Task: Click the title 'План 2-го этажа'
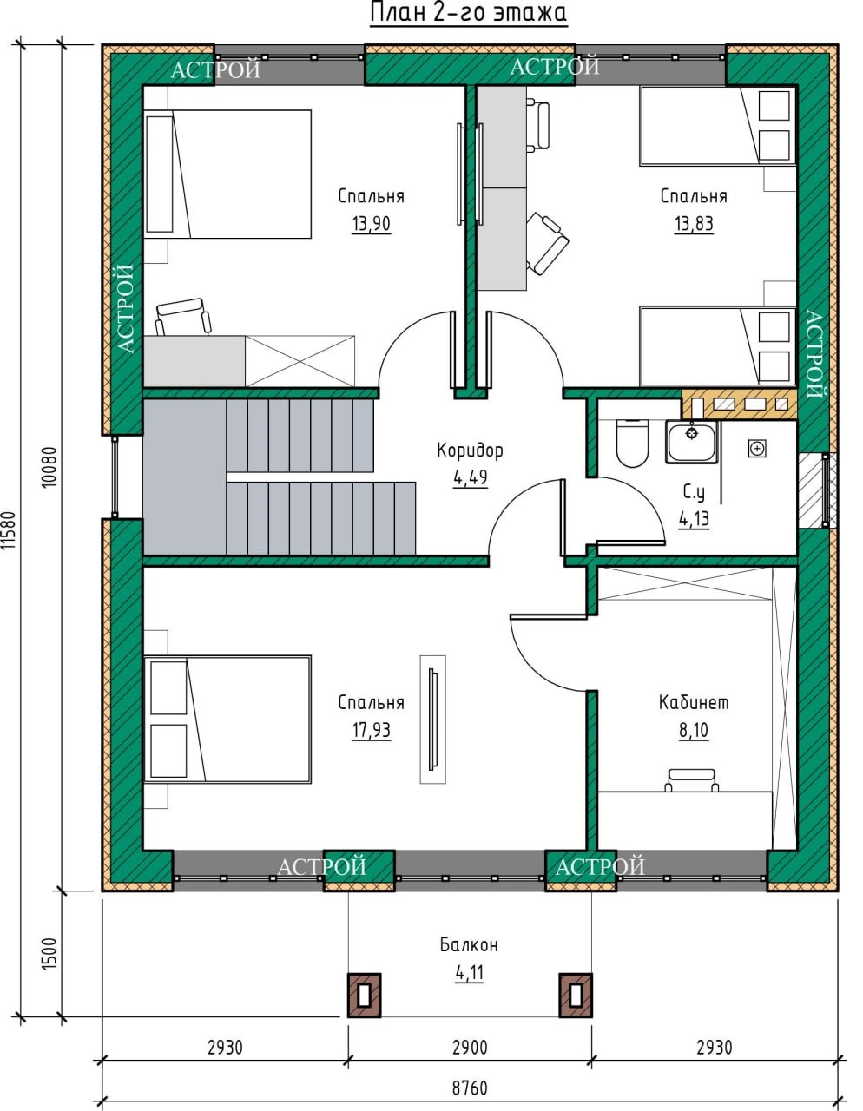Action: click(468, 13)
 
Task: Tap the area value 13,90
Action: click(372, 224)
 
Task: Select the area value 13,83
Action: click(693, 224)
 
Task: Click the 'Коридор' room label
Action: click(470, 450)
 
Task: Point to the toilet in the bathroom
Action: click(632, 443)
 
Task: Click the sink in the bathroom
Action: click(691, 442)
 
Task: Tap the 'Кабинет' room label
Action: click(693, 703)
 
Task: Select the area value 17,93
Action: click(372, 731)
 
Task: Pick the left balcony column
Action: click(365, 995)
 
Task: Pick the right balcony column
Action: click(576, 995)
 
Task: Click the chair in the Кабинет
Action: click(692, 779)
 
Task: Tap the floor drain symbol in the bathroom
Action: click(757, 449)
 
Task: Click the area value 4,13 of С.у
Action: click(694, 519)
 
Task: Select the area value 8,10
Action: click(694, 731)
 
